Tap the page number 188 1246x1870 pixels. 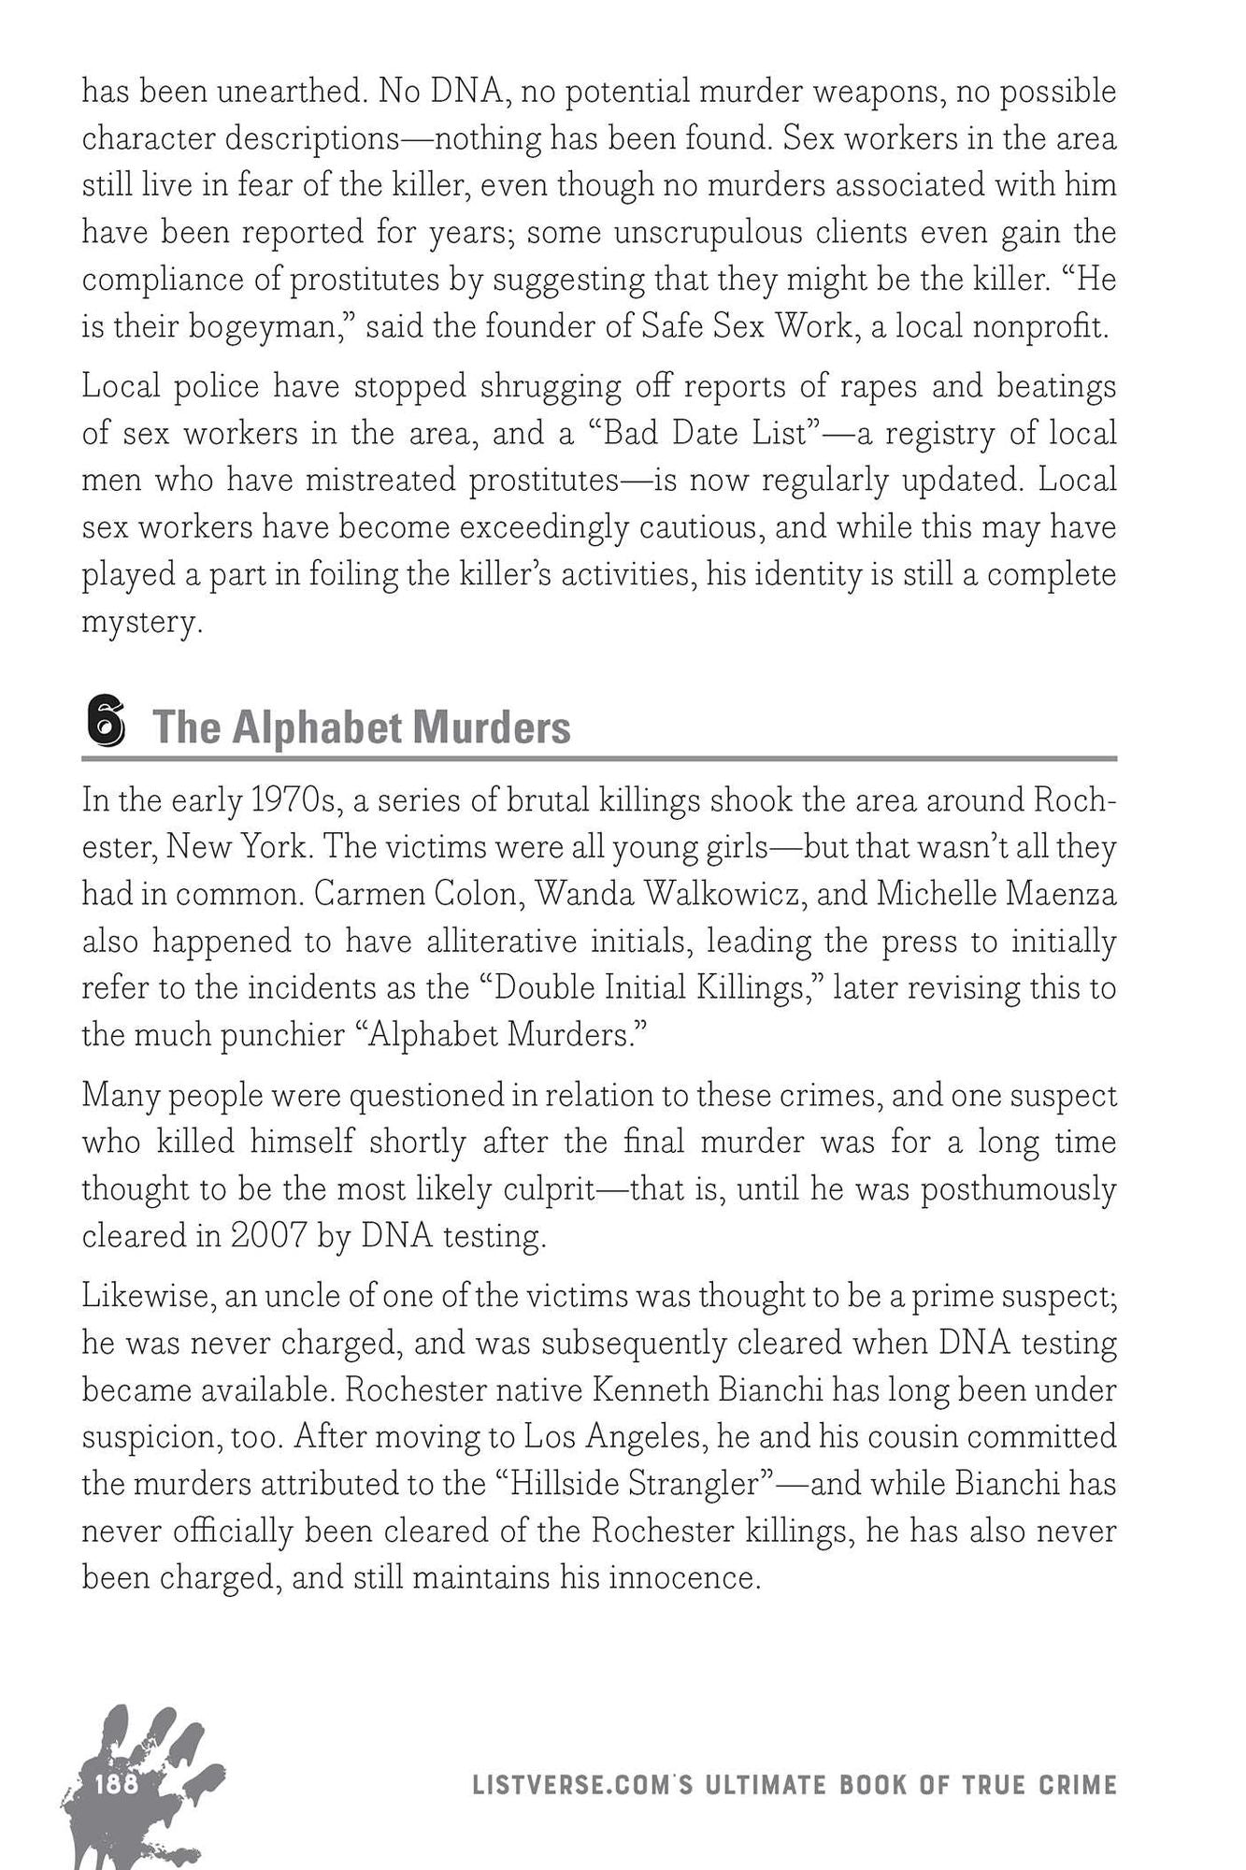pos(117,1784)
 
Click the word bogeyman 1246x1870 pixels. pos(269,327)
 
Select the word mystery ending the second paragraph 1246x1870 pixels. pos(140,623)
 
